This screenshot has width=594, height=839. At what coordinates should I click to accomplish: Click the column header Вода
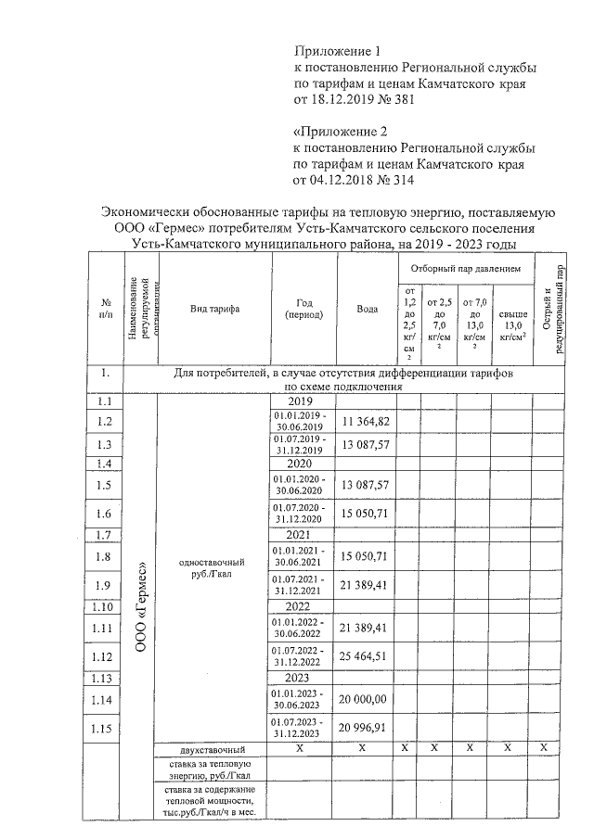pos(367,310)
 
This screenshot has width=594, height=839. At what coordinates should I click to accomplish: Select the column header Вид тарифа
pos(214,310)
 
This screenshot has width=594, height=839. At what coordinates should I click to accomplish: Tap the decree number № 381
pos(383,100)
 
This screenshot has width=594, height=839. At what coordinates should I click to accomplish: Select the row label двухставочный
pos(213,748)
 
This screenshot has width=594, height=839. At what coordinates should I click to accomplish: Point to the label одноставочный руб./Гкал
pos(213,567)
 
